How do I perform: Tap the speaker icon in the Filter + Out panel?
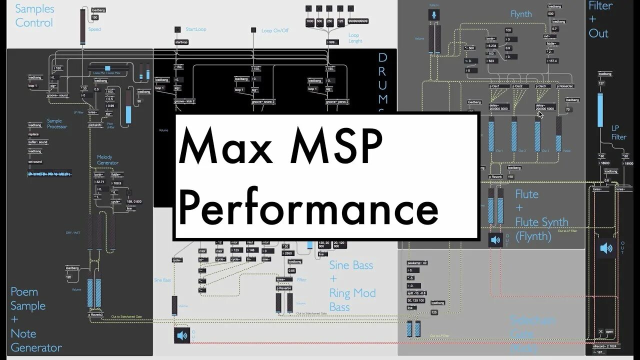pos(606,247)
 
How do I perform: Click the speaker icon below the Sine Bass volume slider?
pos(182,335)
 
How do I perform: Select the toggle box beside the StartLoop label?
pos(177,29)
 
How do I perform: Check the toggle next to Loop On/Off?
pos(253,30)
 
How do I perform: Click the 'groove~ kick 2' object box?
pos(184,101)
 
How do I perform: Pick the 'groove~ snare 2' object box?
pos(263,101)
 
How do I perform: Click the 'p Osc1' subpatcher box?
pos(498,86)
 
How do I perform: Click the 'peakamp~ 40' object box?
pos(417,263)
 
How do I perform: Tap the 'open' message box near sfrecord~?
pos(609,331)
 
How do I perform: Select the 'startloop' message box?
pos(180,42)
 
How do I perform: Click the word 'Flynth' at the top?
pos(521,14)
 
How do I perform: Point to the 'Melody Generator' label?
pos(107,160)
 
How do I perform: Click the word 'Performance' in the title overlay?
pos(308,208)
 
